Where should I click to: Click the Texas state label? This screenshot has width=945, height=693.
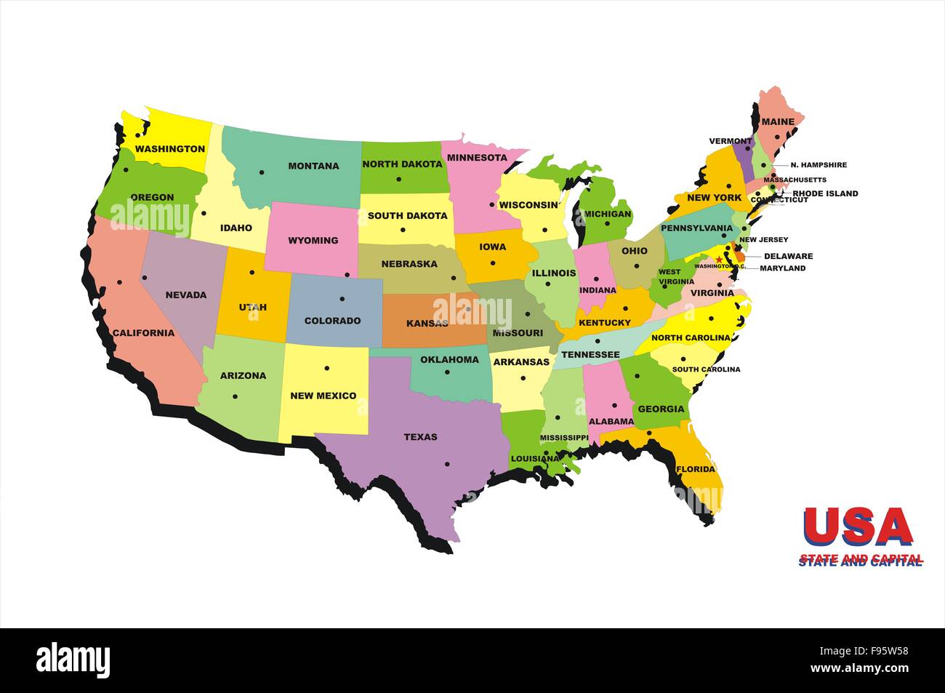[421, 437]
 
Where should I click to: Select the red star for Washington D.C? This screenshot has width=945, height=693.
[719, 259]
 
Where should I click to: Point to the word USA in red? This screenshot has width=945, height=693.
[858, 526]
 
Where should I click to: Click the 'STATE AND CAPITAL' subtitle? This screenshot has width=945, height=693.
[861, 560]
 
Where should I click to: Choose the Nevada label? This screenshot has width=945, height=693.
[186, 295]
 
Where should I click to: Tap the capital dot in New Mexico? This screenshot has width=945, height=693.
[326, 368]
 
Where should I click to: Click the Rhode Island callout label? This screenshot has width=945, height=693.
[825, 193]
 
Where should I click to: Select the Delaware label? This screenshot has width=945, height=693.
[788, 256]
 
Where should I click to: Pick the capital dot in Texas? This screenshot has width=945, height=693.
[447, 464]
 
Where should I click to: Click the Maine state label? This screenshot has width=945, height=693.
[777, 123]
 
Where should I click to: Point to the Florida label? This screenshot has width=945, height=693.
[696, 469]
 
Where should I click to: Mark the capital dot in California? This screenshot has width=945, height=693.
[120, 282]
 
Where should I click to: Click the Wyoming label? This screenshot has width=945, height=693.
[313, 241]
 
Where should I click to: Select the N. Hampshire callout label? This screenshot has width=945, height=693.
[819, 165]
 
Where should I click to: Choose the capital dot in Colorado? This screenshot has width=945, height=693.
[342, 298]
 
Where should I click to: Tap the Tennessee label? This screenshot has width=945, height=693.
[590, 355]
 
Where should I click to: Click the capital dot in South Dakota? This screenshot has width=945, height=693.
[403, 231]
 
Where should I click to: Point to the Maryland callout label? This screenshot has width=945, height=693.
[782, 268]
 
